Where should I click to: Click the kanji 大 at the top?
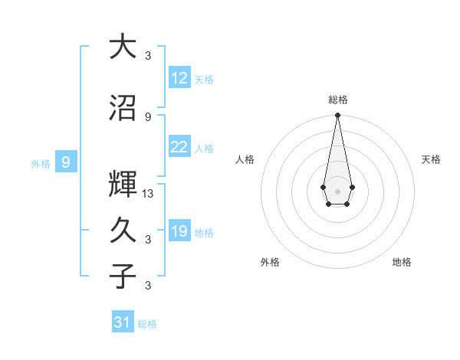122,47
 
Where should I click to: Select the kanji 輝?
122,184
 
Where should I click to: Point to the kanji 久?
122,231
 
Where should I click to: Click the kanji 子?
122,277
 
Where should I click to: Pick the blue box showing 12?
179,77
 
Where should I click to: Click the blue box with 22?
179,147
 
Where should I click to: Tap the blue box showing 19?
179,231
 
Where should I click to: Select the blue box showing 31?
123,322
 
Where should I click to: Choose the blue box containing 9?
67,162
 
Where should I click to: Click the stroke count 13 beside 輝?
148,194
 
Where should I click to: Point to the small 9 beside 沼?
148,116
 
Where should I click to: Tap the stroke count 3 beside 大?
148,55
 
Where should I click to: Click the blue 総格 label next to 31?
147,324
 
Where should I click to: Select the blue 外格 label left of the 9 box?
41,163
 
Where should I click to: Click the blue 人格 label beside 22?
204,149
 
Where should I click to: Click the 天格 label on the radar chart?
432,159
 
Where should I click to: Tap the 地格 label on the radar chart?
402,262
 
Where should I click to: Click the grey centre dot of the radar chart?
337,190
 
